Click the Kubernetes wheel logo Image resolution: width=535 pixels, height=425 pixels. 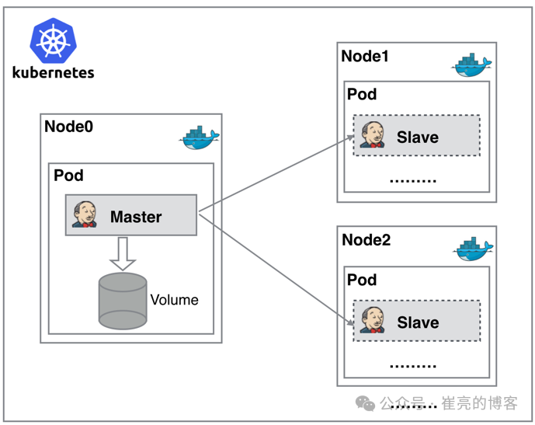[53, 40]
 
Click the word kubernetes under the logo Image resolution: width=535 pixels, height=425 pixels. [54, 72]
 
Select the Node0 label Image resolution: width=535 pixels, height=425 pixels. [68, 127]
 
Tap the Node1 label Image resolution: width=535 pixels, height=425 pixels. [365, 56]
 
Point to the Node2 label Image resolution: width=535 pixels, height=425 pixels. [366, 240]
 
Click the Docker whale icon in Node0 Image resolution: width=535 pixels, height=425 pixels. [200, 138]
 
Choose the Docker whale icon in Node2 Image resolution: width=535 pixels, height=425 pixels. [473, 250]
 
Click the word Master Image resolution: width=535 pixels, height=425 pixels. [136, 217]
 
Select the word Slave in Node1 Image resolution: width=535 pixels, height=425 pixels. [418, 138]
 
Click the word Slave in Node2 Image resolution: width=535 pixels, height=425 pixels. [418, 322]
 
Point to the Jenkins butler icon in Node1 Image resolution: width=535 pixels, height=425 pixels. [372, 135]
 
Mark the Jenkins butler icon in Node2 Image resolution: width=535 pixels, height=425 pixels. [372, 320]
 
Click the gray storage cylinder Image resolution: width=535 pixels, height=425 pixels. [123, 299]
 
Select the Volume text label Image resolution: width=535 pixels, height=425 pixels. [174, 300]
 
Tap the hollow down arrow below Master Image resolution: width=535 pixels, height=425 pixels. [123, 253]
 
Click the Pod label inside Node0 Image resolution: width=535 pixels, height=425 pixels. [68, 175]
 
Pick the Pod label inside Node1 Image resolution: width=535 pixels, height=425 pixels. [362, 94]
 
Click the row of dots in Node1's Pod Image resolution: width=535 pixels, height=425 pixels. [412, 180]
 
